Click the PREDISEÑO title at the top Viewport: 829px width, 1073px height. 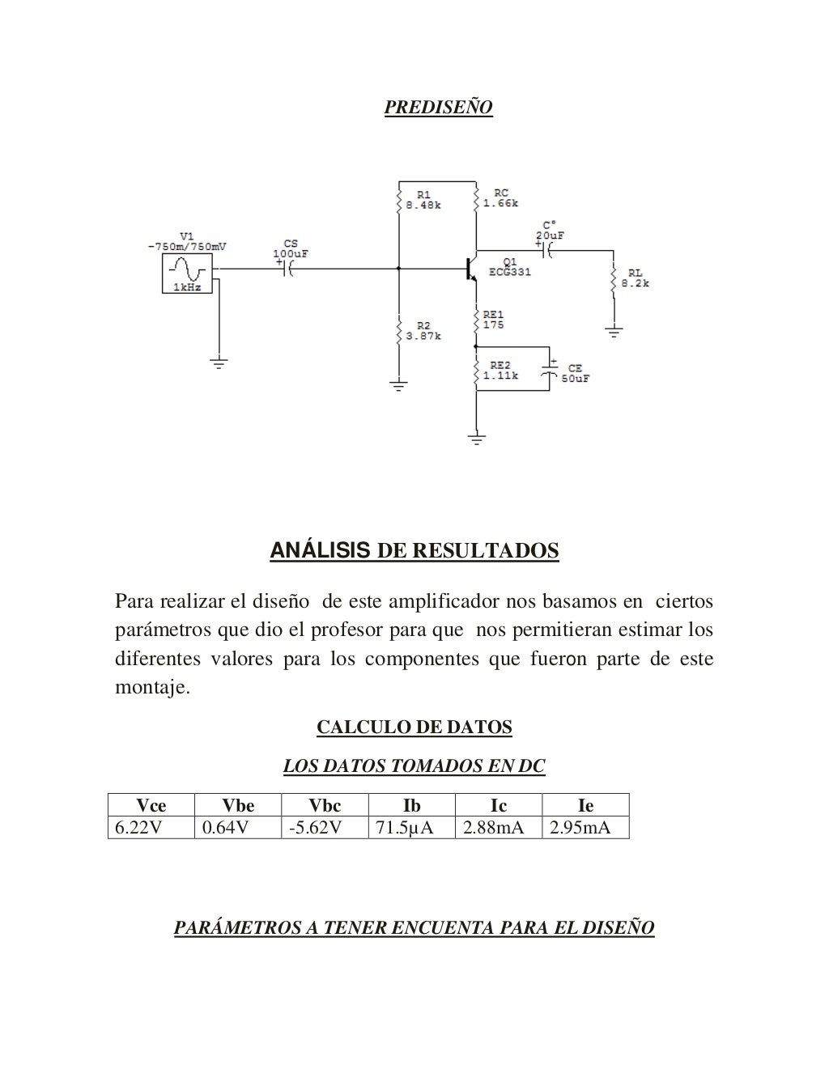pyautogui.click(x=438, y=108)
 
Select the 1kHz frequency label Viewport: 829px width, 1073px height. pyautogui.click(x=186, y=287)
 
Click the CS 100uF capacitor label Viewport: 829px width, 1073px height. pyautogui.click(x=290, y=248)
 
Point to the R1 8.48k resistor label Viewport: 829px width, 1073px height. pyautogui.click(x=423, y=200)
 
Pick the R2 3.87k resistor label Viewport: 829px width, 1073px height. pyautogui.click(x=423, y=331)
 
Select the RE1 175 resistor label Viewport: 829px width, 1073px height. pyautogui.click(x=493, y=320)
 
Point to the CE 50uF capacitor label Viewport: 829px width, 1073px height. pyautogui.click(x=575, y=374)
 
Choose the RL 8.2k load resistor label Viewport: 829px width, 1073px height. pyautogui.click(x=636, y=279)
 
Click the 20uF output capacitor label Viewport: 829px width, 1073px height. pyautogui.click(x=550, y=235)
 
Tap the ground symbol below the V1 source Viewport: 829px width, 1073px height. pyautogui.click(x=218, y=362)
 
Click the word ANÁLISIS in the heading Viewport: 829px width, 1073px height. pyautogui.click(x=320, y=551)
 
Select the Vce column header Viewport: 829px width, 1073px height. pyautogui.click(x=151, y=805)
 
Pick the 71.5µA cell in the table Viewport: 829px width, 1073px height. pyautogui.click(x=405, y=828)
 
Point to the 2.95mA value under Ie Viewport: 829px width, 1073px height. pyautogui.click(x=580, y=828)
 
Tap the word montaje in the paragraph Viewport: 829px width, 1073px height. pyautogui.click(x=152, y=689)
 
